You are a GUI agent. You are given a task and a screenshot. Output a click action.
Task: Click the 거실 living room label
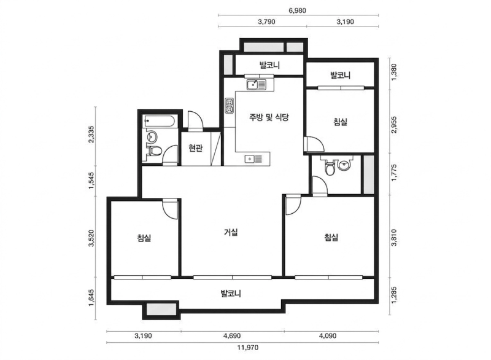pyautogui.click(x=231, y=232)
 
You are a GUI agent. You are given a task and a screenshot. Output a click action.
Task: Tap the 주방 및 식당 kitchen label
pyautogui.click(x=269, y=117)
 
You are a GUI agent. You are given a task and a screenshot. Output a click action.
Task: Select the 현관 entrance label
pyautogui.click(x=195, y=147)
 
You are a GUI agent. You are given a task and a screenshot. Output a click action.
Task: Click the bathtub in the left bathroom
pyautogui.click(x=159, y=121)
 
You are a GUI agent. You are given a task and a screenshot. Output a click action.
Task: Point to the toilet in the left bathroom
pyautogui.click(x=154, y=151)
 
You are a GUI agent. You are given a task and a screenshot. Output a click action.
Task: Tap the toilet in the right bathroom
pyautogui.click(x=330, y=167)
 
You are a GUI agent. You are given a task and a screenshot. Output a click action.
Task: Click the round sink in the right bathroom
pyautogui.click(x=345, y=165)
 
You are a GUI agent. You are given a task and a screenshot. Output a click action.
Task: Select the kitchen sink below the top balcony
pyautogui.click(x=256, y=85)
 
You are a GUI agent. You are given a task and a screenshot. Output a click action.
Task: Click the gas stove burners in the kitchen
pyautogui.click(x=230, y=106)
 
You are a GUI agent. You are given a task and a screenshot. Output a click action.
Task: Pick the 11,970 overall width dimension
pyautogui.click(x=248, y=348)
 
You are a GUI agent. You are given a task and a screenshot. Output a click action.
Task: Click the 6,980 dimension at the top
pyautogui.click(x=297, y=10)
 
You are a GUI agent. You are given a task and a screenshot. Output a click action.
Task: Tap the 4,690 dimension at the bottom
pyautogui.click(x=232, y=336)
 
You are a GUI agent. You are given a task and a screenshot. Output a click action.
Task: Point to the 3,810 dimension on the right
pyautogui.click(x=394, y=238)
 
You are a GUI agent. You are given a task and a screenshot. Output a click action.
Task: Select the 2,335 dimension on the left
pyautogui.click(x=91, y=135)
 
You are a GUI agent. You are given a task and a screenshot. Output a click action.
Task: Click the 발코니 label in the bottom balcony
pyautogui.click(x=231, y=294)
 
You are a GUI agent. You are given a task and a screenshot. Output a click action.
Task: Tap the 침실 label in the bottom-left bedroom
pyautogui.click(x=144, y=238)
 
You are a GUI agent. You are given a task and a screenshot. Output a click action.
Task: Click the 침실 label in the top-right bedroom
pyautogui.click(x=341, y=122)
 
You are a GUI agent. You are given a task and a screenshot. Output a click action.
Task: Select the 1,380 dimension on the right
pyautogui.click(x=394, y=72)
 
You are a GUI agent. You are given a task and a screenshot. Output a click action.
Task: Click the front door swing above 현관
pyautogui.click(x=195, y=120)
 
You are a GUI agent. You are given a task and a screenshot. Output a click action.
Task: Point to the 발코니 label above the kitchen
pyautogui.click(x=269, y=65)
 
